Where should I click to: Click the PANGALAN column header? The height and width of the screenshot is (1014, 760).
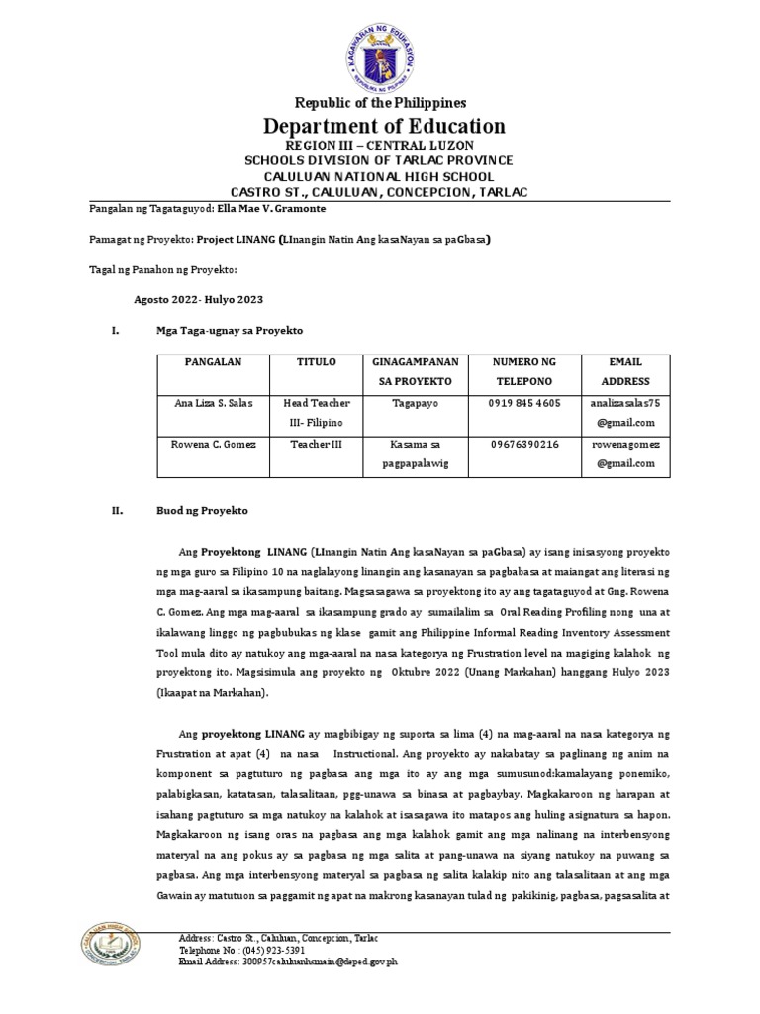pyautogui.click(x=213, y=363)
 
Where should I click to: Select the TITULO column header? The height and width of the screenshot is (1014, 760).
pyautogui.click(x=317, y=363)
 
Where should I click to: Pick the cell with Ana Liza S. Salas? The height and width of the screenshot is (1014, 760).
pyautogui.click(x=213, y=404)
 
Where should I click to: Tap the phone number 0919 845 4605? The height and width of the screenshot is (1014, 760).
pyautogui.click(x=523, y=404)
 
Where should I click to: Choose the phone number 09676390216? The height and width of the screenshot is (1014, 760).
pyautogui.click(x=523, y=445)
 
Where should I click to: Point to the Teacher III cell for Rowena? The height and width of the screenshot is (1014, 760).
pyautogui.click(x=317, y=445)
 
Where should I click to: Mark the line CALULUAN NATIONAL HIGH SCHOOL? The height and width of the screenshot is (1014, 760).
pyautogui.click(x=380, y=175)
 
